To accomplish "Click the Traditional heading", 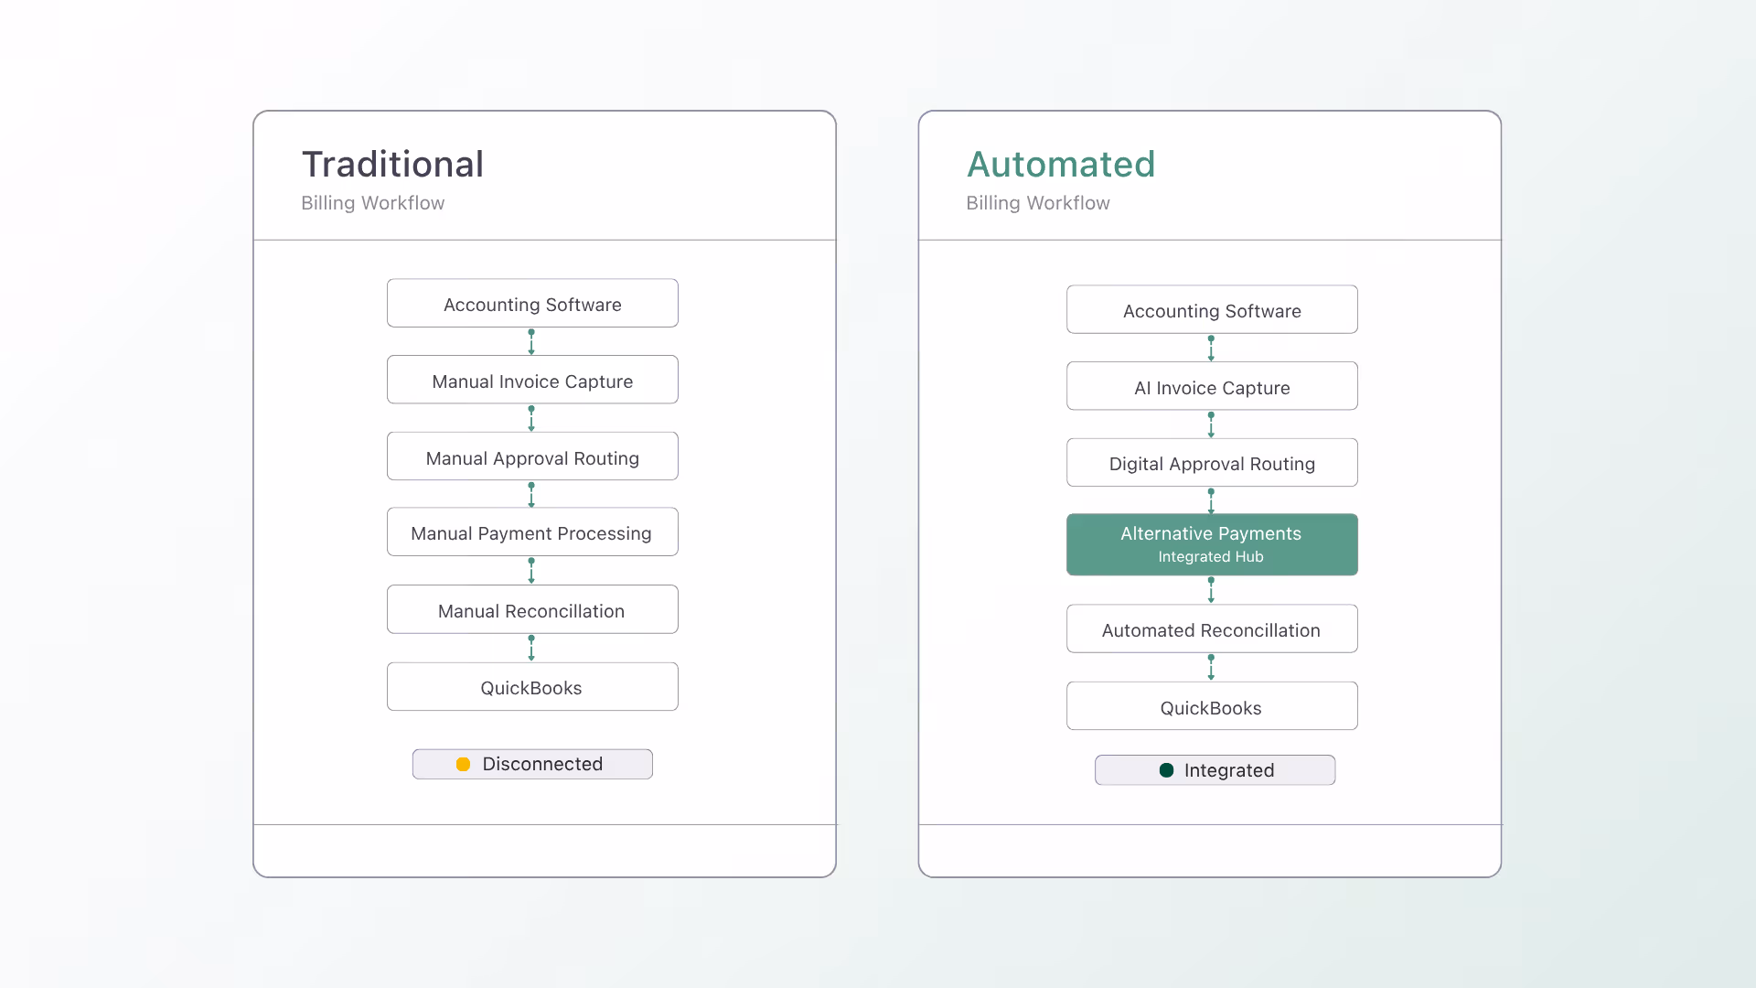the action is coord(392,165).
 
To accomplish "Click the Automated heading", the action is coord(1061,165).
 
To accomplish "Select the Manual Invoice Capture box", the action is coord(532,380).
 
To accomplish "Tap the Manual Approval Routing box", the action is coord(532,456).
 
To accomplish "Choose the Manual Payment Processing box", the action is coord(532,532).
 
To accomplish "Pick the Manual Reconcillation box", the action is coord(532,609).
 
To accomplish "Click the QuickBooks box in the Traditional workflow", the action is coord(532,687).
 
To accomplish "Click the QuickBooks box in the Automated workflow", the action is coord(1212,706).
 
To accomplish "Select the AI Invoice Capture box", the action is coord(1212,386).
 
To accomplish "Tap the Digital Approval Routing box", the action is coord(1212,463).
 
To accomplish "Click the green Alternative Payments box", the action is coord(1212,544).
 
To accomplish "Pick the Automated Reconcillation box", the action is coord(1212,628).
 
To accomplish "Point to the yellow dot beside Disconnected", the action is coord(463,764).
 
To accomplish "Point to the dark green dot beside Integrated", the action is coord(1166,770).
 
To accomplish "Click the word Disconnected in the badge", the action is coord(542,764).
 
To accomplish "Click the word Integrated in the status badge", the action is coord(1229,770).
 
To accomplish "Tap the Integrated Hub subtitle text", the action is coord(1211,557).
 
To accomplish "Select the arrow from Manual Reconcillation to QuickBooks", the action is coord(531,648).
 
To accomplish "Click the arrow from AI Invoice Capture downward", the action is coord(1211,424).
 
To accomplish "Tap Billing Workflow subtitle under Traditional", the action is coord(373,203).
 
